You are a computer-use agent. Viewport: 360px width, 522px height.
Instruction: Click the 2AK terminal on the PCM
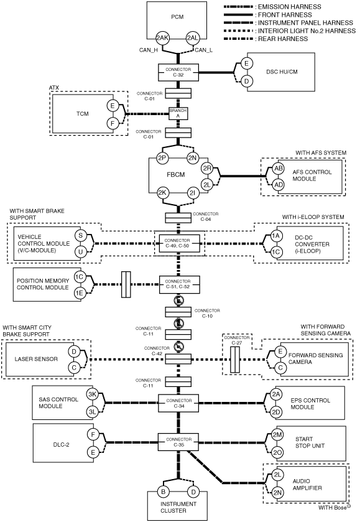pyautogui.click(x=162, y=38)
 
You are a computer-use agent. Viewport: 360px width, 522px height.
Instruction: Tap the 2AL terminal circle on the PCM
pyautogui.click(x=192, y=38)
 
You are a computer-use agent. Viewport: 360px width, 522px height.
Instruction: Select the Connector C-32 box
pyautogui.click(x=178, y=72)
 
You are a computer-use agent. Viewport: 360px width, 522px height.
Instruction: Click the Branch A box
pyautogui.click(x=178, y=113)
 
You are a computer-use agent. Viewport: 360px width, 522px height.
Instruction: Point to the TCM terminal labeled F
pyautogui.click(x=113, y=124)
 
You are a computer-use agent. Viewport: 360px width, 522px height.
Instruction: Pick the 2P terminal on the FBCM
pyautogui.click(x=162, y=158)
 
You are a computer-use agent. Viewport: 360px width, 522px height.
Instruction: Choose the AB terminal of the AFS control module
pyautogui.click(x=278, y=168)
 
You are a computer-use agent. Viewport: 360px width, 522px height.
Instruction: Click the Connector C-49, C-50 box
pyautogui.click(x=179, y=243)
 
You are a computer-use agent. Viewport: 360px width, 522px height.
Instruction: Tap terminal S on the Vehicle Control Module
pyautogui.click(x=80, y=235)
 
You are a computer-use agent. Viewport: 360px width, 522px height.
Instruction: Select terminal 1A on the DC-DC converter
pyautogui.click(x=276, y=236)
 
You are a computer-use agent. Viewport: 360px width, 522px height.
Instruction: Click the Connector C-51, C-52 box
pyautogui.click(x=179, y=284)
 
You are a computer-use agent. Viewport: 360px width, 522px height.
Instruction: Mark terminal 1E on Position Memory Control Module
pyautogui.click(x=79, y=293)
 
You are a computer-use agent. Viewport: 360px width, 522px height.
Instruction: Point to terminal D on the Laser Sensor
pyautogui.click(x=74, y=352)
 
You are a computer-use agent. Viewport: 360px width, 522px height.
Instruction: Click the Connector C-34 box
pyautogui.click(x=178, y=404)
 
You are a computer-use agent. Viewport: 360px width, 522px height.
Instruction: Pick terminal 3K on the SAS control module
pyautogui.click(x=92, y=394)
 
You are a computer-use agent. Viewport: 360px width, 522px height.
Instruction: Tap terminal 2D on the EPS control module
pyautogui.click(x=276, y=412)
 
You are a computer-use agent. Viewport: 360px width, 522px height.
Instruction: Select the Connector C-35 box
pyautogui.click(x=178, y=442)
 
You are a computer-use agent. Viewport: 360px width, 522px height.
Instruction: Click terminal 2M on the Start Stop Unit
pyautogui.click(x=277, y=434)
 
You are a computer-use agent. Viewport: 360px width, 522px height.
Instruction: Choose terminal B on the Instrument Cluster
pyautogui.click(x=163, y=492)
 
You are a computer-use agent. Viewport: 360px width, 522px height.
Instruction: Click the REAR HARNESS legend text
pyautogui.click(x=283, y=39)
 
